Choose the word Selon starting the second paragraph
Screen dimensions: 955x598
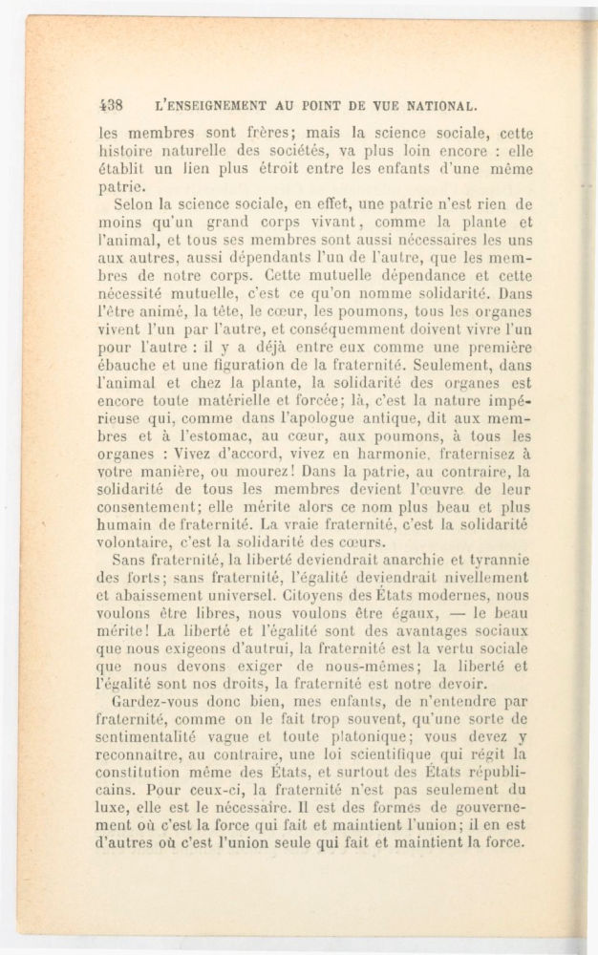pos(135,205)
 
